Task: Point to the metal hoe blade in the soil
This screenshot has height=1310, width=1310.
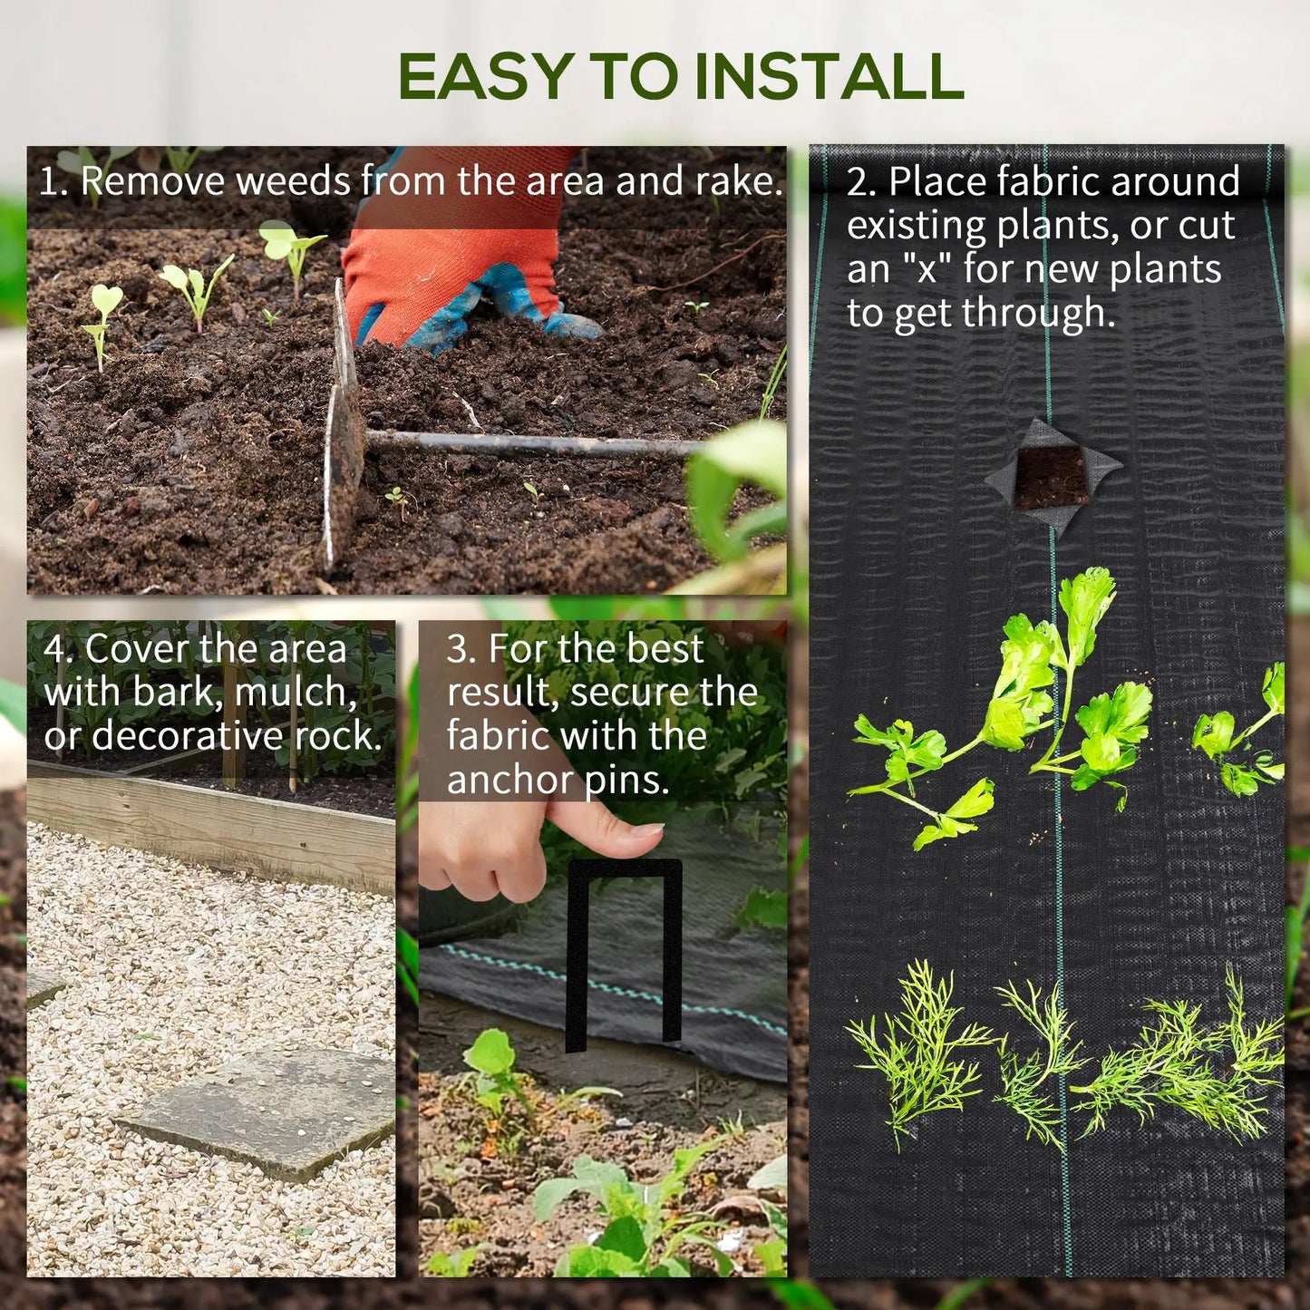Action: click(343, 435)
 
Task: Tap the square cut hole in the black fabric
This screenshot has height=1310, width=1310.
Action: click(1052, 476)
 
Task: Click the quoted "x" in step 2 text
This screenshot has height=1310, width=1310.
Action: click(926, 270)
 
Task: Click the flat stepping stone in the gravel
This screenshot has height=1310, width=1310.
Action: click(263, 1111)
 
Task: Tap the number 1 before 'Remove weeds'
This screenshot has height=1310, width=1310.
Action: click(48, 182)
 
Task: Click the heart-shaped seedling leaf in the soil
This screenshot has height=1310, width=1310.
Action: click(107, 298)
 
